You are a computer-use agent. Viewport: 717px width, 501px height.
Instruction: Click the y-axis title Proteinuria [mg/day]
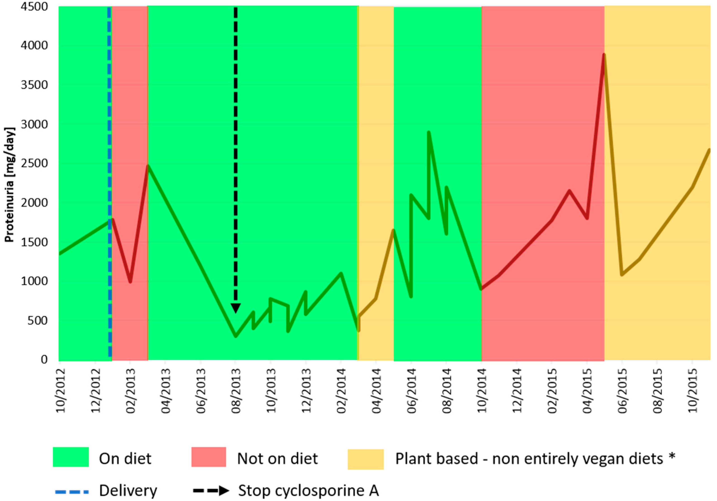[9, 185]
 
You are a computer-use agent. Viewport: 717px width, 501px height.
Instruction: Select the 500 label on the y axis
[38, 321]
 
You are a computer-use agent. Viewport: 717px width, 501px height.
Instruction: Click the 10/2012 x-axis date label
[61, 390]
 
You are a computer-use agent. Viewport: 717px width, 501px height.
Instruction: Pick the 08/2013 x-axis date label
[236, 390]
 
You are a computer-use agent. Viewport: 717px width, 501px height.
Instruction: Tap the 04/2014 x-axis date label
[377, 390]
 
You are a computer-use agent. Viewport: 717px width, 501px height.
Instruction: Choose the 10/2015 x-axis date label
[693, 390]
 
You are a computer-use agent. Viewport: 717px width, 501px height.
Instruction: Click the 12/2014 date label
[517, 390]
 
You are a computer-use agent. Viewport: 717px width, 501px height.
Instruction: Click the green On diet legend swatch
[71, 457]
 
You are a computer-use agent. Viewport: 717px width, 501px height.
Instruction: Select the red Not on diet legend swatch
[209, 457]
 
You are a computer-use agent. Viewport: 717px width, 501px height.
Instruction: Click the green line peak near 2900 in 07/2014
[429, 133]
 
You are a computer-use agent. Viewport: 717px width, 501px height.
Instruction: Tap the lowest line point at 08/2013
[236, 336]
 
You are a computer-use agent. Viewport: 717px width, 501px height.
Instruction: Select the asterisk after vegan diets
[672, 457]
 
